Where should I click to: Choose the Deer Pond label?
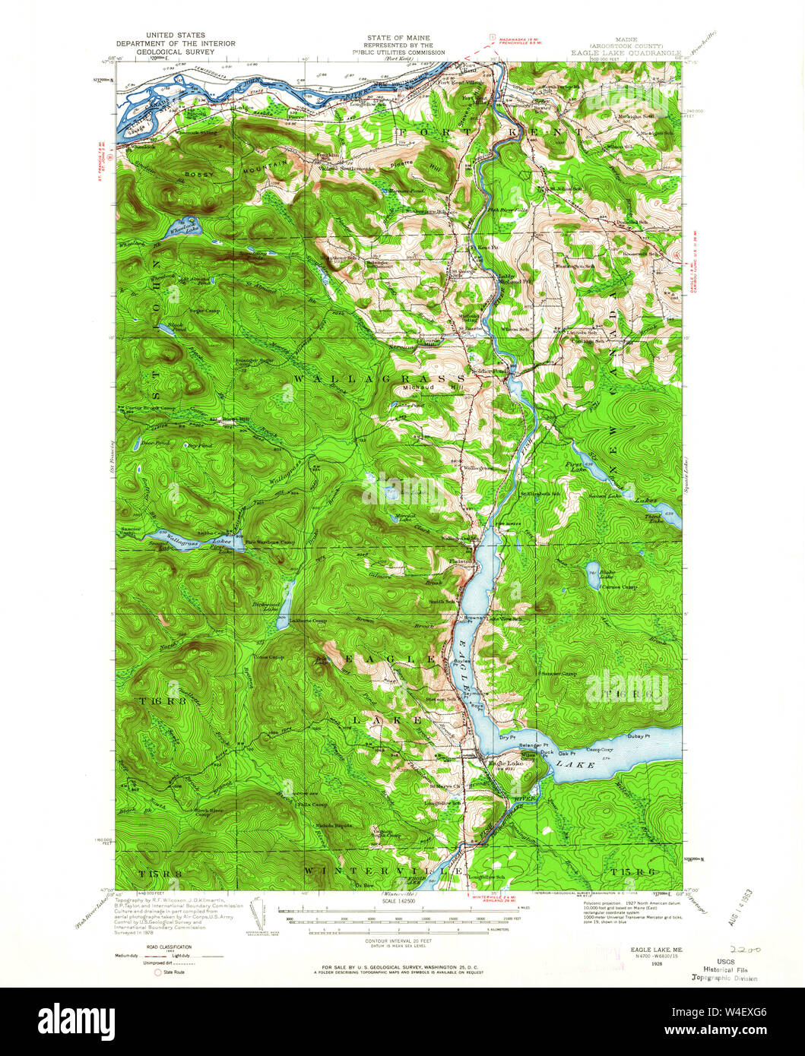point(151,441)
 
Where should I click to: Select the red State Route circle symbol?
point(158,972)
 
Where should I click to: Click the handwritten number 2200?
point(744,950)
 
